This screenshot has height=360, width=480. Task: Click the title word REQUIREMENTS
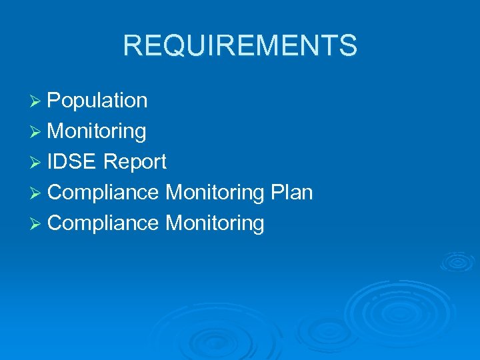point(240,46)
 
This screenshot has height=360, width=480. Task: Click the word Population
point(97,101)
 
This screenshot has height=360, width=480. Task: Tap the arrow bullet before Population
point(38,101)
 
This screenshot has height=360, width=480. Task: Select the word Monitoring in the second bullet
point(97,131)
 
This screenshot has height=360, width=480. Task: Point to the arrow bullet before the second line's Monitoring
point(38,132)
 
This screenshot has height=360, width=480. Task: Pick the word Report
point(135,162)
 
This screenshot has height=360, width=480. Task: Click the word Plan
point(291,193)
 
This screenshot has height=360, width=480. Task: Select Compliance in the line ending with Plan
point(103,193)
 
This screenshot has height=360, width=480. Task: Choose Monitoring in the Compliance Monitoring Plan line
point(215,193)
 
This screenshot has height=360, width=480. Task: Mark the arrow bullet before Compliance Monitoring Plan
point(38,193)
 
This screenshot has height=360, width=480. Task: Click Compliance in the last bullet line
point(103,223)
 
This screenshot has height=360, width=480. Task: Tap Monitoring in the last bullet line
point(215,224)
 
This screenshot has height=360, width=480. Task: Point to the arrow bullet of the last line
point(38,224)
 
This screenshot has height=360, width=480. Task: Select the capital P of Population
point(55,101)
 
